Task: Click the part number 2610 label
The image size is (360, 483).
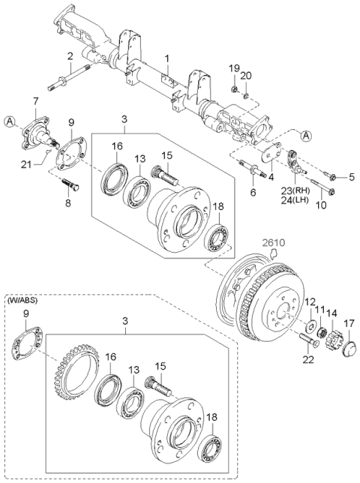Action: point(274,243)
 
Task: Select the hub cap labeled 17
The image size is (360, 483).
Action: point(349,348)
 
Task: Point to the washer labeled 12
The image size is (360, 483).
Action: point(310,325)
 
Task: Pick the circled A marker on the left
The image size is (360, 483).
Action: point(10,121)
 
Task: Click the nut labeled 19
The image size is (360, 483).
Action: point(234,90)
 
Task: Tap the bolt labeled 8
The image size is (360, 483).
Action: point(71,184)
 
